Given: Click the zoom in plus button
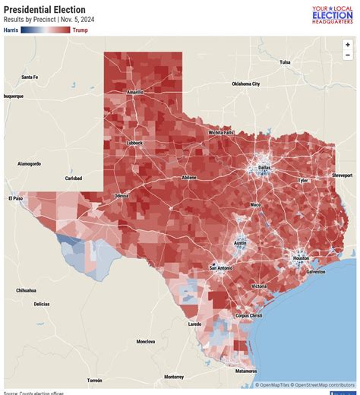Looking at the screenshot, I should [348, 45].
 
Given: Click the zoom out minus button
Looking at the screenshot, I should [348, 55].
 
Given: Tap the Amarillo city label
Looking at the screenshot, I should [135, 92].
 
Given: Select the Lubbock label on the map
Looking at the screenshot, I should [134, 143].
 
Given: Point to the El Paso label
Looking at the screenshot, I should [16, 198].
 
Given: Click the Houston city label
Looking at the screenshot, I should [302, 258].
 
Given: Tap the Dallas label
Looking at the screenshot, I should [264, 167].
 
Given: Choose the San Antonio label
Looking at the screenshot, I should [223, 268].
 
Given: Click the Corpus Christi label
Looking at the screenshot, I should [249, 315].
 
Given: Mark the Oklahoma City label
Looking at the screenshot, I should [245, 84].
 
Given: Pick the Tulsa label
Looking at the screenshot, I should [285, 62].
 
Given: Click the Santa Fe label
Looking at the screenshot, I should [30, 77].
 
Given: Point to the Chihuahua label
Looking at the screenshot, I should [26, 290].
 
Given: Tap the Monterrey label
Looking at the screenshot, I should [174, 377].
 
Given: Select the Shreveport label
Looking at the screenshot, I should [342, 175].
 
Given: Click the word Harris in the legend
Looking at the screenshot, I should [11, 30].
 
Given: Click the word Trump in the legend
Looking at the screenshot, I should [80, 30].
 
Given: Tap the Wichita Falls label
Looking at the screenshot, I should [222, 132].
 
